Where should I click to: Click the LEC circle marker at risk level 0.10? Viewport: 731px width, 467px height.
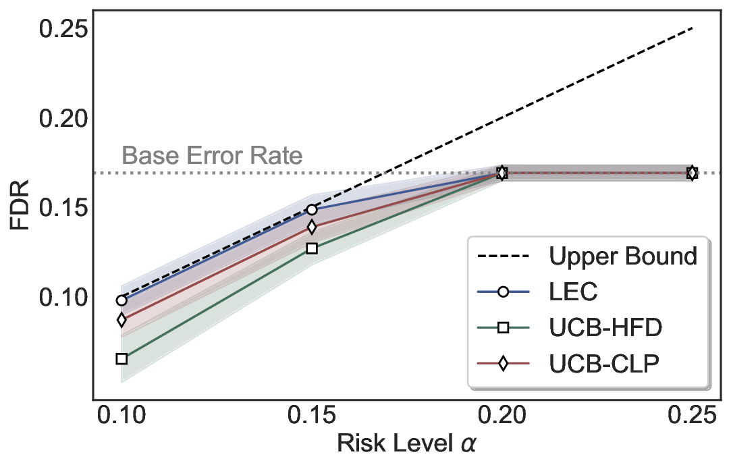pos(121,300)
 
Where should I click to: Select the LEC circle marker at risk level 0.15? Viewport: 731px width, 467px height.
pos(311,210)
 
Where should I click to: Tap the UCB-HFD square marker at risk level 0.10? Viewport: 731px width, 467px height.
pos(121,358)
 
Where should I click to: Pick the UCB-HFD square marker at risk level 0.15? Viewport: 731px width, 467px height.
pos(311,248)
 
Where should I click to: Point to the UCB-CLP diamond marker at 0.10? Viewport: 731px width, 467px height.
pos(121,320)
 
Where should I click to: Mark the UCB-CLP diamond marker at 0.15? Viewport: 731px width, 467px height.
pos(311,227)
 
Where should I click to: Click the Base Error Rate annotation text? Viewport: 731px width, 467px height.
pos(211,156)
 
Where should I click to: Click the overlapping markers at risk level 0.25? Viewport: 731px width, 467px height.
pos(692,173)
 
